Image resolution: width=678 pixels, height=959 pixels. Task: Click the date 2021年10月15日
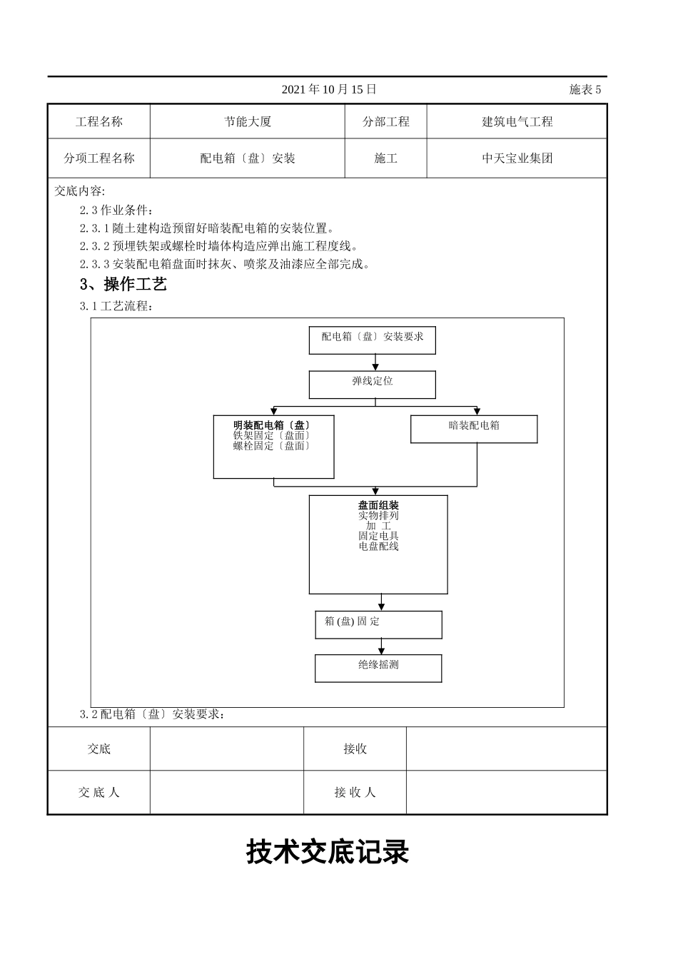click(x=329, y=89)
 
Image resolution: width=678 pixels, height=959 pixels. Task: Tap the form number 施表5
click(x=585, y=89)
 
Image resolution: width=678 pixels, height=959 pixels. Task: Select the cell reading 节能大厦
click(x=248, y=122)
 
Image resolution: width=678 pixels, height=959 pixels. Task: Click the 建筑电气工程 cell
click(x=517, y=122)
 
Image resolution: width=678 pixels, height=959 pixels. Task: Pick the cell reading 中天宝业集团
click(x=517, y=158)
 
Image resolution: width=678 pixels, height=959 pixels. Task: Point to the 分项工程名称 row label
click(x=99, y=158)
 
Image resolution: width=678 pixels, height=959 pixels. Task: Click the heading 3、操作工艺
click(x=123, y=285)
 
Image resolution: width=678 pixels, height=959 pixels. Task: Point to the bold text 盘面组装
click(x=378, y=506)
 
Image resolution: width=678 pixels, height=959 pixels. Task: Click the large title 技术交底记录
click(x=328, y=852)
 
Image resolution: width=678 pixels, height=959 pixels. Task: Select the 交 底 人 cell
click(x=99, y=792)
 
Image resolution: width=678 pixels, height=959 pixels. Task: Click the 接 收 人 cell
click(x=355, y=792)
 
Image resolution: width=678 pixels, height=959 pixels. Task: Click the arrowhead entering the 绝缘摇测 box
click(x=382, y=651)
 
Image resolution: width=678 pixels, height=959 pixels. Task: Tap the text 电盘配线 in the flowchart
click(x=378, y=547)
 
